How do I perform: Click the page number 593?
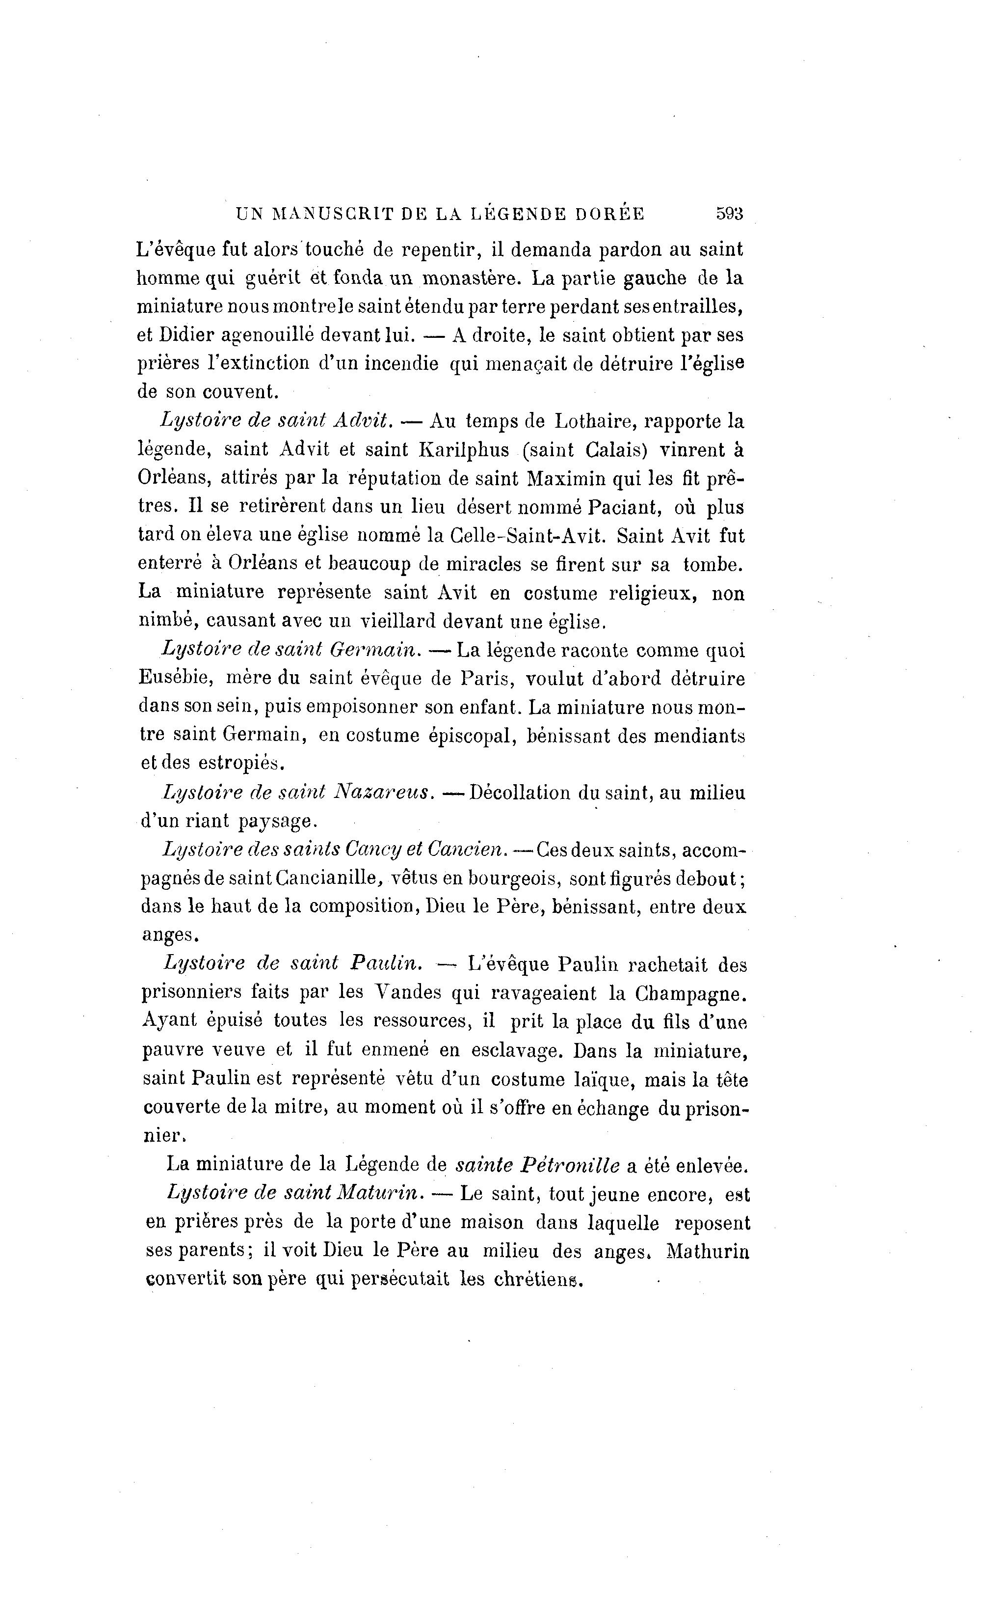click(x=729, y=214)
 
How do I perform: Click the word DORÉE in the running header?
click(x=609, y=214)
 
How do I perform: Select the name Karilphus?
click(x=464, y=450)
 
